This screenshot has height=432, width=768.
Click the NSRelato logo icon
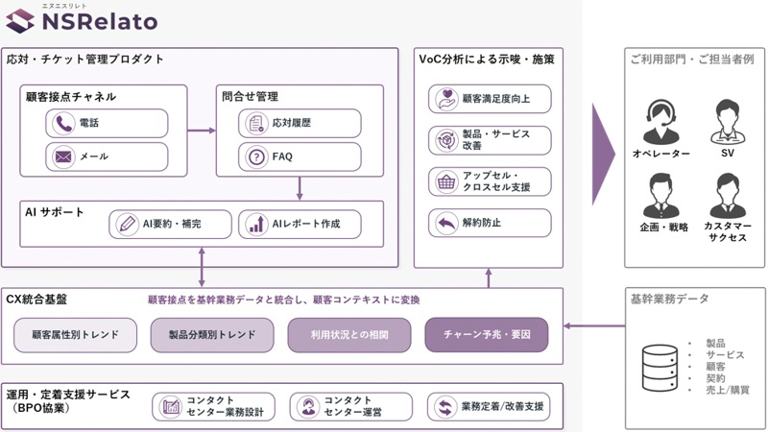pos(20,21)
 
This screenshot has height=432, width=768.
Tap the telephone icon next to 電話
pos(63,124)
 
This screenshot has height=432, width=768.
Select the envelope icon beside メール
pos(63,156)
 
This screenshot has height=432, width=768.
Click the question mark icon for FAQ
pos(256,157)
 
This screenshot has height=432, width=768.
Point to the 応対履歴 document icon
pos(256,124)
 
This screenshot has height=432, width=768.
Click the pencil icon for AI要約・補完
pos(127,225)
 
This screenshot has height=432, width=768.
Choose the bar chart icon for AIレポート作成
pos(256,225)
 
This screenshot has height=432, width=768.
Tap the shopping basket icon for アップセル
pos(446,181)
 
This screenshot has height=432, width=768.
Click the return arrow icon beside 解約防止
pos(446,224)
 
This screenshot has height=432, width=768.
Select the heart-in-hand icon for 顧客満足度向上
pos(446,99)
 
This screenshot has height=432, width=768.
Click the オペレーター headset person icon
pos(661,121)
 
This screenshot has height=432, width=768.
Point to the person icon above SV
pos(728,121)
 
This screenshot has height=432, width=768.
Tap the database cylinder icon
pos(660,368)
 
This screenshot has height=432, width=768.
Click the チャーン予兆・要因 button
pos(487,334)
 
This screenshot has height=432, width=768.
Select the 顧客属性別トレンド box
pos(75,335)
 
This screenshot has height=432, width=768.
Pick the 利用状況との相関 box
pos(349,335)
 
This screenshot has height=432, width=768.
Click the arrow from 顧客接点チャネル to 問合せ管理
pos(202,131)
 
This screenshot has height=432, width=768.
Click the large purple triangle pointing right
pos(603,155)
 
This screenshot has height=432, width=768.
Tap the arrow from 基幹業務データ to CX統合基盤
pos(593,325)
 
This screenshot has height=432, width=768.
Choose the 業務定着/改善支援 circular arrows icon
pos(445,407)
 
